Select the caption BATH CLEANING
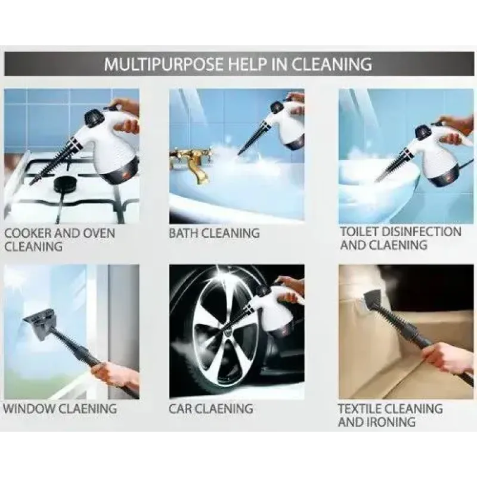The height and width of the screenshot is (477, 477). [214, 233]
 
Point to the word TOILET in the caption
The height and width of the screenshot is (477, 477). [360, 232]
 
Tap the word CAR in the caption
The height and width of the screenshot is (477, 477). [180, 408]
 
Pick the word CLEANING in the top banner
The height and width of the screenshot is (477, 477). [332, 64]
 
